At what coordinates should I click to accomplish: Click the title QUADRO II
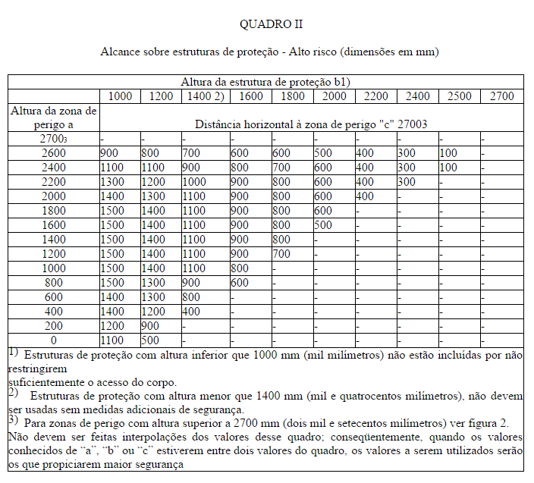click(271, 24)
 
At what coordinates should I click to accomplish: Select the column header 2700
click(501, 96)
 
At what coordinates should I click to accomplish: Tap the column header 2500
click(460, 96)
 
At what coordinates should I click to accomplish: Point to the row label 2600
click(53, 153)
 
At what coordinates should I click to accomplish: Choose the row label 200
click(53, 326)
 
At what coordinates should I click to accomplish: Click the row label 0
click(53, 340)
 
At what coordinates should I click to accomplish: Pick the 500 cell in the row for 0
click(150, 340)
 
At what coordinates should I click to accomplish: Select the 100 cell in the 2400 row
click(448, 168)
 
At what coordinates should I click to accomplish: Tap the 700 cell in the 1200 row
click(281, 254)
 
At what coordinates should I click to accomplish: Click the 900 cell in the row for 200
click(150, 326)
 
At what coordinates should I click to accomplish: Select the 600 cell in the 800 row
click(240, 283)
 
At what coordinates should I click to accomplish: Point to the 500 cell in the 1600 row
click(323, 225)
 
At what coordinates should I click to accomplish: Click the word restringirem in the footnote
click(36, 369)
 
